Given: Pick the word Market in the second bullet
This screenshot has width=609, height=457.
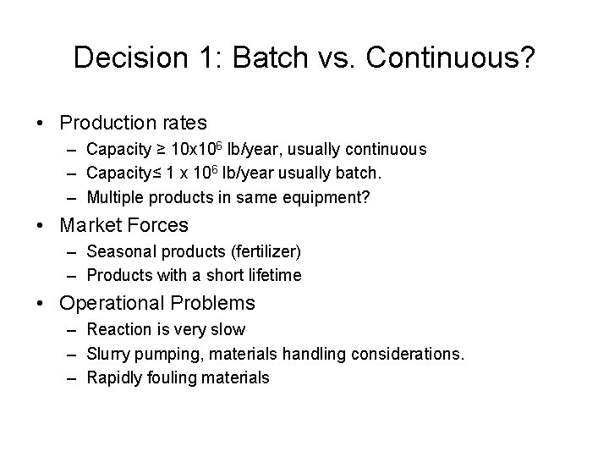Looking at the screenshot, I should tap(90, 226).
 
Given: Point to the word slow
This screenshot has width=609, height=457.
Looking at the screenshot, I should tap(227, 328).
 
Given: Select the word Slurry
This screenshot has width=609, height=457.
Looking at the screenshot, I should tap(107, 353).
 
